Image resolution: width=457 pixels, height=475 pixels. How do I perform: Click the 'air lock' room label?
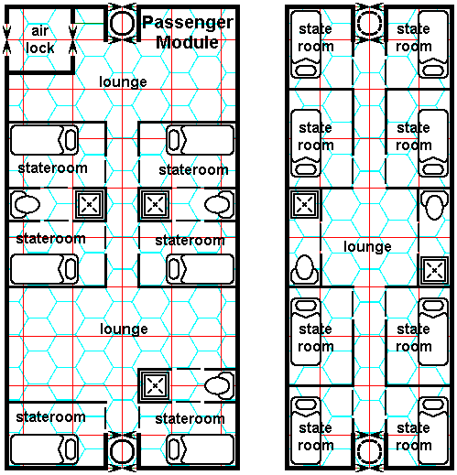pos(40,39)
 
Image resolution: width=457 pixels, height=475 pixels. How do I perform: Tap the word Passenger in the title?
pos(188,23)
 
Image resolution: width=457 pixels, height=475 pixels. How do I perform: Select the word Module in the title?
pos(187,42)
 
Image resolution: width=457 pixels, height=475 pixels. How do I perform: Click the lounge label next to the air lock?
pos(123,82)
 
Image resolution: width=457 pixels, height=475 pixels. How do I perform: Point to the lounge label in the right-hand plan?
pos(367,247)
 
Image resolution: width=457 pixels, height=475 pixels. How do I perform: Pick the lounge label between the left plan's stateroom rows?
pos(124,329)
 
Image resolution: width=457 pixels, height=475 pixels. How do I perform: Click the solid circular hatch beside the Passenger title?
pos(122,24)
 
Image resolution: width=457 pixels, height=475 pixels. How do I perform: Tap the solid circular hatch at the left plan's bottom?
pos(122,451)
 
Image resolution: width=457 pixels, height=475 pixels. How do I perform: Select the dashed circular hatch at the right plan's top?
pos(370,23)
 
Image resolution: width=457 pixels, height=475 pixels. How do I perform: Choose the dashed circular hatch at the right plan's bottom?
pos(370,452)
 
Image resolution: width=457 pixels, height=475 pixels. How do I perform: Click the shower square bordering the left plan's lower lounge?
pos(155,385)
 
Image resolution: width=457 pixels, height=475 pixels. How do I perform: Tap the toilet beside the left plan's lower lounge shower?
pos(219,385)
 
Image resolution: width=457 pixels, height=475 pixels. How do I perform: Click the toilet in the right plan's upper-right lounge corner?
pos(434,205)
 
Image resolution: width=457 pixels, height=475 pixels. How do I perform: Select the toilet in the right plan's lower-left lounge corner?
pos(305,270)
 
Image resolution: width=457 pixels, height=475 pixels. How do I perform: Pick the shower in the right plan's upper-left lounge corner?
pos(304,204)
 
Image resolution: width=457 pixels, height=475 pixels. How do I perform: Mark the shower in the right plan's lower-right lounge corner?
pos(434,271)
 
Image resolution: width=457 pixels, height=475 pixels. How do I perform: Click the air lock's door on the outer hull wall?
pos(6,40)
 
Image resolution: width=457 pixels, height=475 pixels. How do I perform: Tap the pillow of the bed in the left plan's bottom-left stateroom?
pos(71,449)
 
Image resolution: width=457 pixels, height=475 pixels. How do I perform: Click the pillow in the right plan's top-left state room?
pos(306,70)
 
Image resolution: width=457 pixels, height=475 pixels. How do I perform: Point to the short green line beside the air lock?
pos(89,23)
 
